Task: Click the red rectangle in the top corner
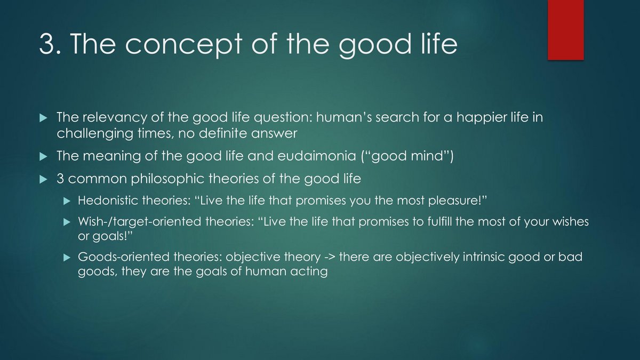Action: coord(566,30)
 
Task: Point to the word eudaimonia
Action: coord(317,156)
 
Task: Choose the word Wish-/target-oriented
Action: coord(139,222)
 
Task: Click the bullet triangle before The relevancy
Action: coord(43,118)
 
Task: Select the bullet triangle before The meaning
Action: coord(43,157)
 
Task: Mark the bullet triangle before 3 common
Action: coord(43,179)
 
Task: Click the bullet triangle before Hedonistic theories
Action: coord(67,201)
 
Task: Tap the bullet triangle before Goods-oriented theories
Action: coord(67,258)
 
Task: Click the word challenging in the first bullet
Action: coord(95,134)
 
